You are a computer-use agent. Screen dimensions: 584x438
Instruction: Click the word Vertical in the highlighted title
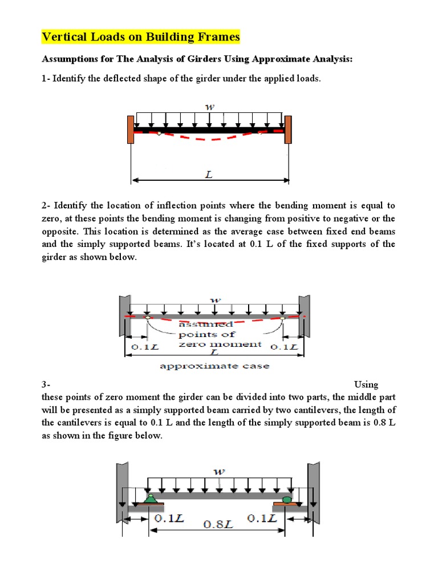click(62, 37)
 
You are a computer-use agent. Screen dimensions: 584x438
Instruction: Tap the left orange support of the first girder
click(131, 129)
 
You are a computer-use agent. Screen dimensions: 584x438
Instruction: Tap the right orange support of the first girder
click(288, 129)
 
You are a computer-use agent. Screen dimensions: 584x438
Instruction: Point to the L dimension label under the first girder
click(209, 176)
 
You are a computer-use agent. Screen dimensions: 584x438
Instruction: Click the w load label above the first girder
click(210, 107)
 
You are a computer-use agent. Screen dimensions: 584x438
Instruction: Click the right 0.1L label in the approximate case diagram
click(283, 347)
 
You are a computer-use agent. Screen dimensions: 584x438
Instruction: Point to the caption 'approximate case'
click(214, 366)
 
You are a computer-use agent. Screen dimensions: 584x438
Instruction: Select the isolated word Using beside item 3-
click(366, 385)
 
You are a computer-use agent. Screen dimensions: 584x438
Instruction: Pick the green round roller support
click(286, 499)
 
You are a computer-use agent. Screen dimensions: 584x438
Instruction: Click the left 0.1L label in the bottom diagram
click(169, 518)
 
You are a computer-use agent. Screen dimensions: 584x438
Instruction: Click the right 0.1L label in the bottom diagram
click(262, 518)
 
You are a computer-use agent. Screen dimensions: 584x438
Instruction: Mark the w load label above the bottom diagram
click(219, 471)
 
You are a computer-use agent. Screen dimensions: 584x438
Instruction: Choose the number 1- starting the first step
click(46, 78)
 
